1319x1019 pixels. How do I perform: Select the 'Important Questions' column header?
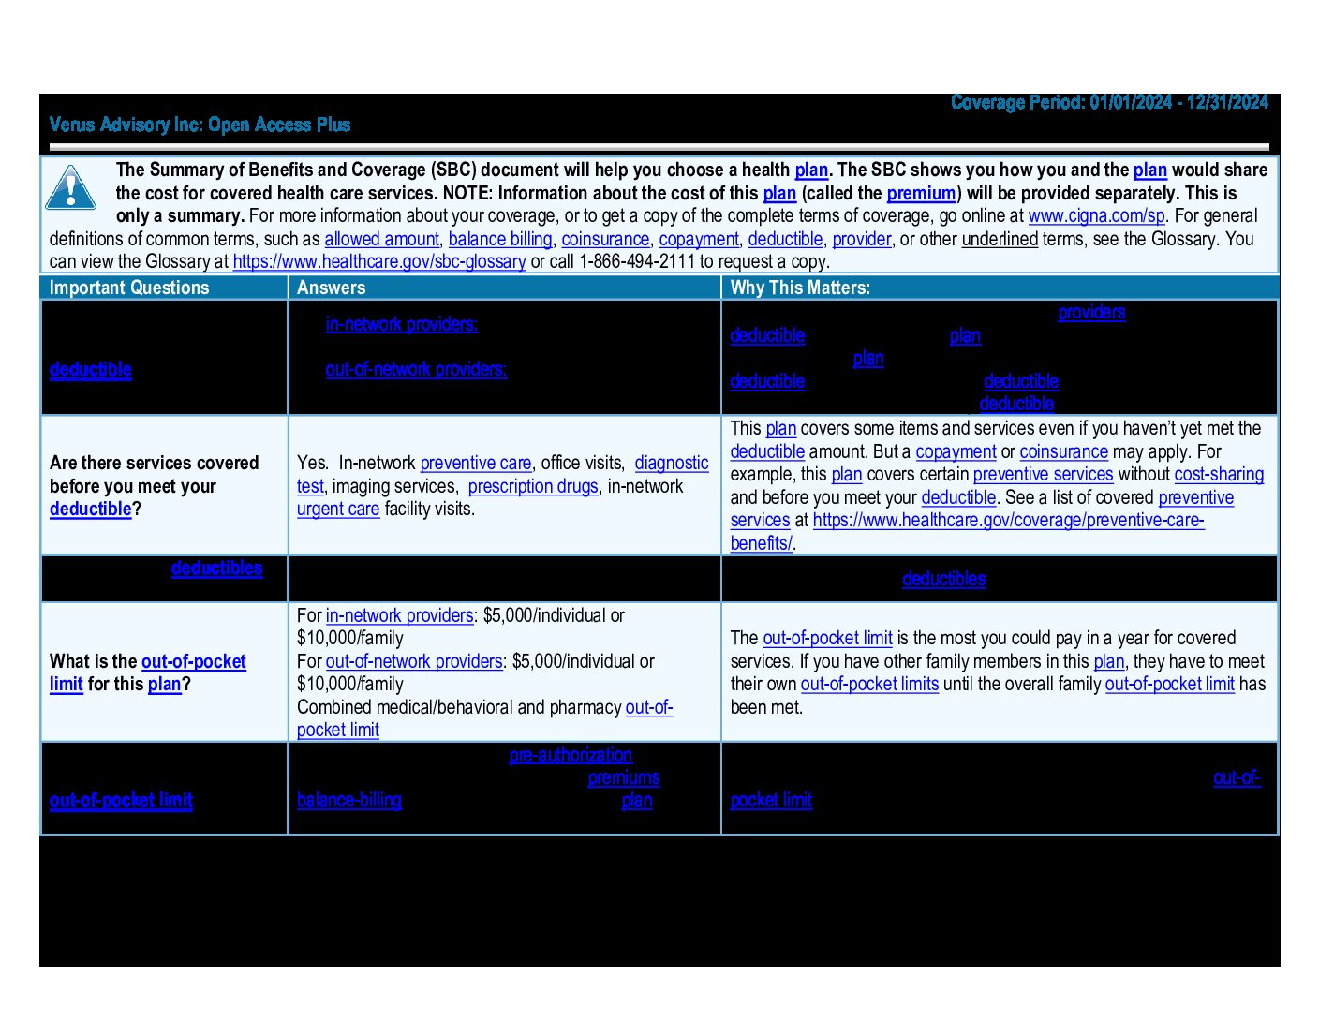129,288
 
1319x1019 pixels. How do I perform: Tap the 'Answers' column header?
331,288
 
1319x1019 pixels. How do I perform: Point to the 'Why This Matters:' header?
800,288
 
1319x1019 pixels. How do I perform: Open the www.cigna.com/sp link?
1096,215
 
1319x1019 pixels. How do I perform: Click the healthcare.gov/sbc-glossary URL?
379,261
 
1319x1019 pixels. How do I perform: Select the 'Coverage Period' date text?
1109,102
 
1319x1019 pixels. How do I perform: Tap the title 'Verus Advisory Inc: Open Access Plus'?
200,125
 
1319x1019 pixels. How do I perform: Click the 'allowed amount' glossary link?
381,239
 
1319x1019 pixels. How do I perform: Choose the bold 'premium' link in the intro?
921,193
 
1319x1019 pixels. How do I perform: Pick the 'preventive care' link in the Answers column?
476,463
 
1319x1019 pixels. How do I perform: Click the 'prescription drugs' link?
533,486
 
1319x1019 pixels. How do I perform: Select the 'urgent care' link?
338,509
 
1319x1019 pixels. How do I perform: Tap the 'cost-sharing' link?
1219,474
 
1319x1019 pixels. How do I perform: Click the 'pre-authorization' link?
571,755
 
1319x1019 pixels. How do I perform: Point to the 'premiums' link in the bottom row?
624,777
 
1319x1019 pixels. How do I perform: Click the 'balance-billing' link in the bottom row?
348,800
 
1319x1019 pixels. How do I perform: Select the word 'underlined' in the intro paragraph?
1000,239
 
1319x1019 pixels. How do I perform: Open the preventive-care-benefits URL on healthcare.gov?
1008,520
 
